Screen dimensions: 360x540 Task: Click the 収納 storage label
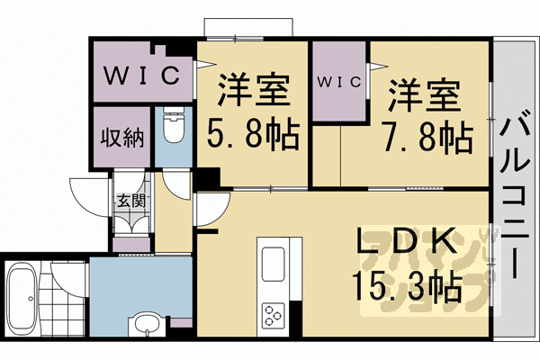(x=121, y=139)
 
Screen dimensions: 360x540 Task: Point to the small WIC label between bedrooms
(x=340, y=82)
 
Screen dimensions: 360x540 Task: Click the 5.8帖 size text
(x=255, y=137)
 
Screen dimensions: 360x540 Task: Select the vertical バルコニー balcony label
(x=515, y=193)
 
